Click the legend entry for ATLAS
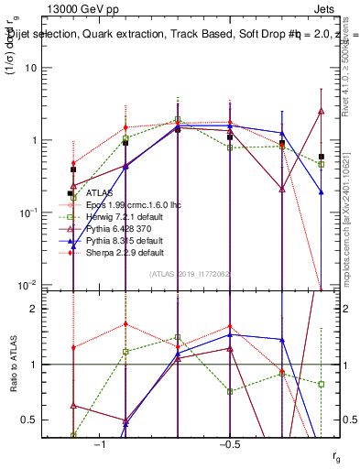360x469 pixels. [x=100, y=193]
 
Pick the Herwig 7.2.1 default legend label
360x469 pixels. [x=124, y=217]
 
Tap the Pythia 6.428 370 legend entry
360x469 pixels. [x=119, y=229]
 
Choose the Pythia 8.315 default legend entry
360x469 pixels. [x=124, y=240]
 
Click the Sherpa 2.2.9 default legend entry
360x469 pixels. [x=125, y=252]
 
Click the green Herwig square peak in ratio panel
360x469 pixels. [x=178, y=337]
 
